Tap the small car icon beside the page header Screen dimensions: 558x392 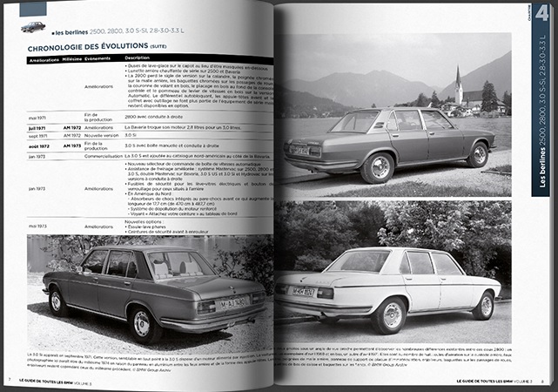[x=33, y=27]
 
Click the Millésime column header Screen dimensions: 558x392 [x=72, y=60]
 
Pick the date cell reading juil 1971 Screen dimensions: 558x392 [x=38, y=126]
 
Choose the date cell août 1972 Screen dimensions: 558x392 [x=38, y=145]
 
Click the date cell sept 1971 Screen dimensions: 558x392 [x=38, y=136]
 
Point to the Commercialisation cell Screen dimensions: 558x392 [x=97, y=156]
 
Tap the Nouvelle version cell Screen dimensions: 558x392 [x=101, y=136]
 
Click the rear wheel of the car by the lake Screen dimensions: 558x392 [x=380, y=166]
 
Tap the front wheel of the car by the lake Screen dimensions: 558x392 [x=478, y=155]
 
